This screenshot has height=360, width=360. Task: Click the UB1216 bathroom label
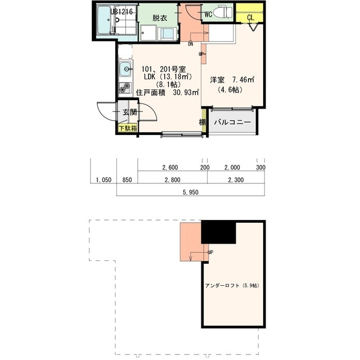tap(122, 11)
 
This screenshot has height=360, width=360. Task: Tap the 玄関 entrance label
tap(129, 112)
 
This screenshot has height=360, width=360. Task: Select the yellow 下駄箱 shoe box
tap(128, 128)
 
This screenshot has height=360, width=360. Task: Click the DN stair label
tap(191, 43)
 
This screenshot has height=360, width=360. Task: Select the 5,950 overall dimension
tap(191, 192)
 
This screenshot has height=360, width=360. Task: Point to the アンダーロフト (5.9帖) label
tap(232, 285)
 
